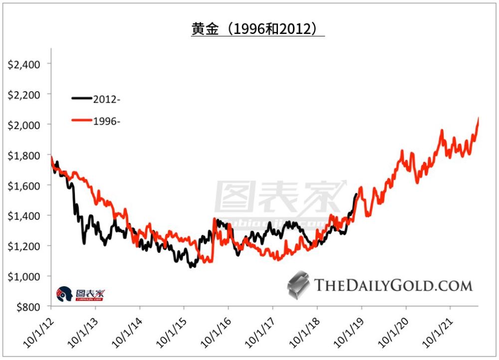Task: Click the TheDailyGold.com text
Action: click(x=393, y=286)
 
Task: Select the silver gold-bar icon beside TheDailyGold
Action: click(x=299, y=286)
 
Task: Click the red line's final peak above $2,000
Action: click(x=478, y=118)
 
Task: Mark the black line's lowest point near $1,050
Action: click(x=191, y=267)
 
